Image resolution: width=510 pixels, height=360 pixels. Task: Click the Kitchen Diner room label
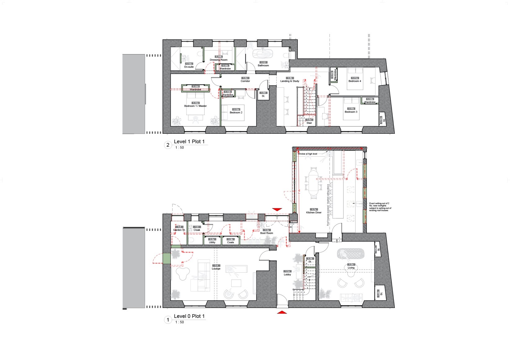point(314,213)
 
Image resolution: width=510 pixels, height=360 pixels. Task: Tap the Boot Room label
point(266,233)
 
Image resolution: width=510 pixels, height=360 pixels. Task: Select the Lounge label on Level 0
point(216,269)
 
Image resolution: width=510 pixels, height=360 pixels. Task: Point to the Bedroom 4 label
point(355,81)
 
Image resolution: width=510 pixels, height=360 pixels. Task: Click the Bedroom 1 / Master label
point(195,106)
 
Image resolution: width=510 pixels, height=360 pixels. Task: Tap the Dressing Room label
point(218,60)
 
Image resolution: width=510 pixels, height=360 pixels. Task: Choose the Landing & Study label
point(290,81)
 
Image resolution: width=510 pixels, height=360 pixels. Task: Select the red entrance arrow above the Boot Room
point(277,210)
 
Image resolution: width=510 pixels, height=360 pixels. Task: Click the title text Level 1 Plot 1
point(189,141)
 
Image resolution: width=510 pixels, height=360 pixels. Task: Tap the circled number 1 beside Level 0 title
point(168,320)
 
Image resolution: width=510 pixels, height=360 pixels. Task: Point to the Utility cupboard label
point(212,242)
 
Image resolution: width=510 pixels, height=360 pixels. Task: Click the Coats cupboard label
point(231,242)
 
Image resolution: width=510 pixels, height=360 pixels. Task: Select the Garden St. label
point(179,230)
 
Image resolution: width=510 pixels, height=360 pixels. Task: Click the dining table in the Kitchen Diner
point(314,183)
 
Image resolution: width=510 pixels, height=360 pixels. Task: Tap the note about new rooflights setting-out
point(380,207)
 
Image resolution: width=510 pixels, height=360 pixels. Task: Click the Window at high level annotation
point(307,154)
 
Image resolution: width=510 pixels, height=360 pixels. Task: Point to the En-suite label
point(189,67)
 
